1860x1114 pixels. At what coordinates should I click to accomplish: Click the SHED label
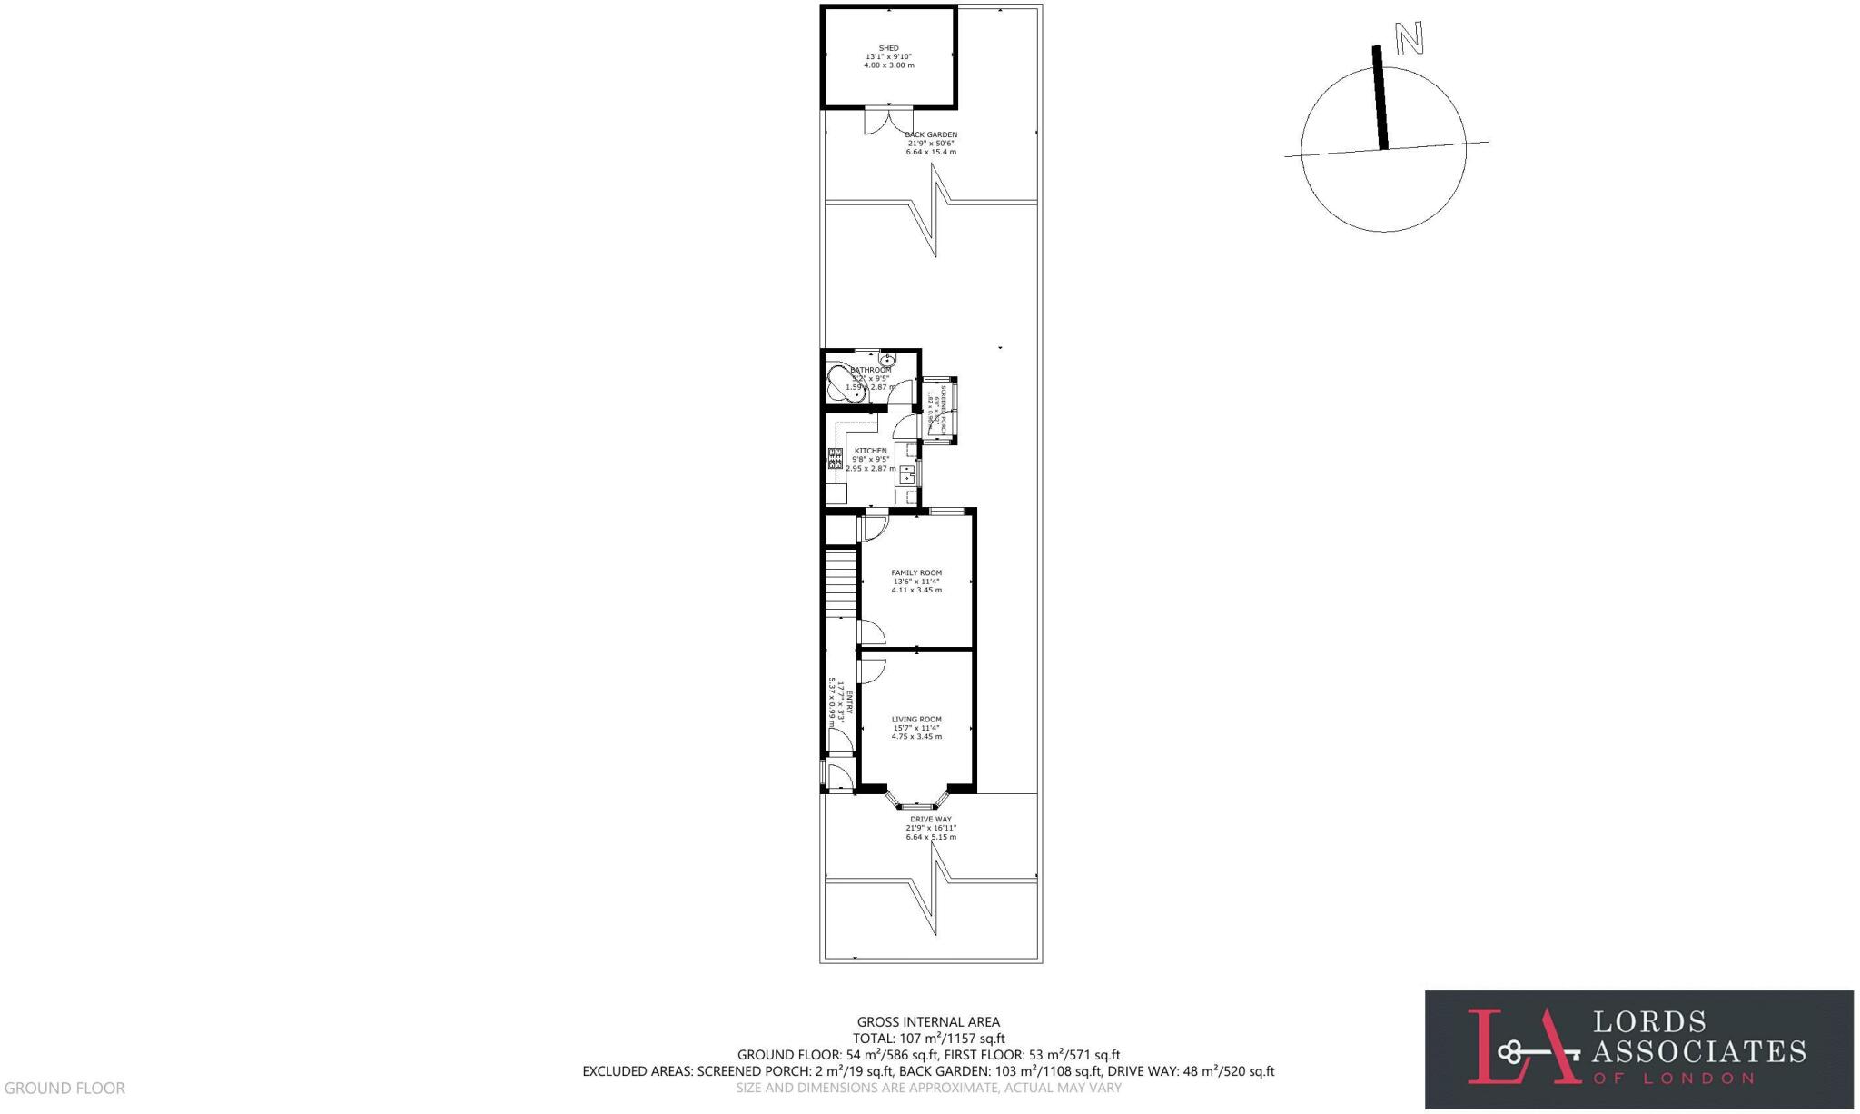(x=888, y=48)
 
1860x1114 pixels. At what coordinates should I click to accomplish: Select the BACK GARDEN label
(x=931, y=135)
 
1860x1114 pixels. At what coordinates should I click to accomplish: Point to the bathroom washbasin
(x=886, y=362)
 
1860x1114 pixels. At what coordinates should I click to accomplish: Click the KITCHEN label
(x=870, y=451)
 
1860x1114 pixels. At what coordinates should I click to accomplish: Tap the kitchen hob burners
(x=835, y=458)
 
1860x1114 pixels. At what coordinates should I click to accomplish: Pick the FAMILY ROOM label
(x=916, y=573)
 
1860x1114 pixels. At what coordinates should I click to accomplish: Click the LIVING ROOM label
(x=916, y=720)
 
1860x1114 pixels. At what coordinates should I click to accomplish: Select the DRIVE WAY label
(x=931, y=820)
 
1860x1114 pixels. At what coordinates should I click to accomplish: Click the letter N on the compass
(x=1410, y=38)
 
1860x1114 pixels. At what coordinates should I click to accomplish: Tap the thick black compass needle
(x=1380, y=98)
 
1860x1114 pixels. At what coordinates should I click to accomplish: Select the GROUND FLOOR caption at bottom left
(x=64, y=1088)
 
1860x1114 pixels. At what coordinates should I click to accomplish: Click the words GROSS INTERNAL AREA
(x=928, y=1022)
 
